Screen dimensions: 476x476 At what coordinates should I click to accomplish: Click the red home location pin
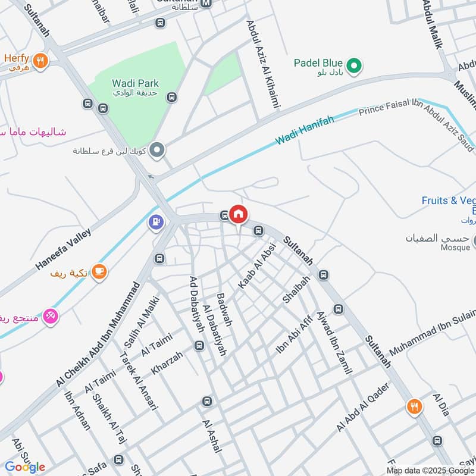238,214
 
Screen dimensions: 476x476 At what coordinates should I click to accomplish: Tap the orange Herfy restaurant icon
40,59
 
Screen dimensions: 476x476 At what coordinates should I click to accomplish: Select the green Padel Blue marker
355,65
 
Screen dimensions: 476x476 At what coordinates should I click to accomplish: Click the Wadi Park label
135,84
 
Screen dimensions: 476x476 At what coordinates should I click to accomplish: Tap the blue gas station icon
156,223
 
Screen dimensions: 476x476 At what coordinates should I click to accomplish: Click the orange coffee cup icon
99,272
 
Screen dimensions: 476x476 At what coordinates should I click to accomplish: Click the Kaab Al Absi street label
257,266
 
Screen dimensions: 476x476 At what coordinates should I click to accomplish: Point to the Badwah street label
224,309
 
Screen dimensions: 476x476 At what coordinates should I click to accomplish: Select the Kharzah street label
167,362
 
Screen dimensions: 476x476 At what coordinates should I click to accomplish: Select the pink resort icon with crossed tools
51,315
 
